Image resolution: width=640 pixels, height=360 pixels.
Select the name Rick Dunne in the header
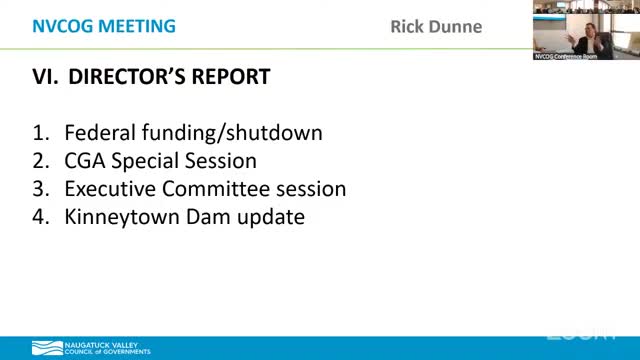pyautogui.click(x=435, y=27)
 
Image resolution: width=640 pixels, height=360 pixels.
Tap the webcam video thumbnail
pyautogui.click(x=585, y=30)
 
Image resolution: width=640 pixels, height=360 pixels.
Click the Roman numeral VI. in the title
pyautogui.click(x=46, y=77)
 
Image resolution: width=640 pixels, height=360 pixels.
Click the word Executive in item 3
pyautogui.click(x=109, y=188)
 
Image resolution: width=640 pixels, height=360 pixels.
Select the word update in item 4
pyautogui.click(x=268, y=216)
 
